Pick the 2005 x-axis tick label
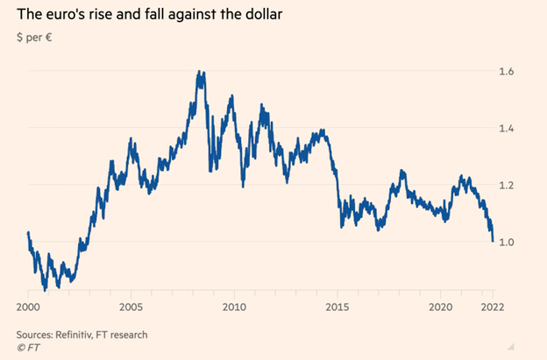(131, 307)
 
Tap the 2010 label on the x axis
(233, 307)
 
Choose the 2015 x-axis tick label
(337, 307)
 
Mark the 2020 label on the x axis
(440, 307)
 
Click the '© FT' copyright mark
(28, 348)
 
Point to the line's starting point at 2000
(28, 233)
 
